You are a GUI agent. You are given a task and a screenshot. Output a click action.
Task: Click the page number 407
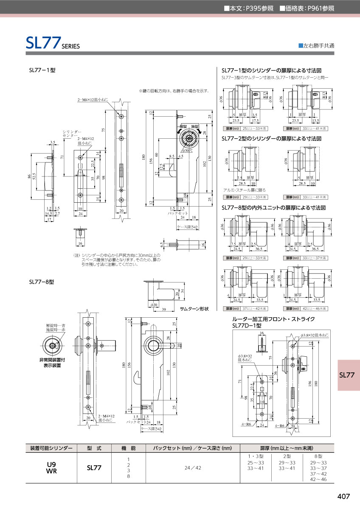343,496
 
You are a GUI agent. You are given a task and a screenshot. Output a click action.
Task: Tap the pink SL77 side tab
347,375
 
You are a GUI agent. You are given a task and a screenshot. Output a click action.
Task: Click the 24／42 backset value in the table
193,467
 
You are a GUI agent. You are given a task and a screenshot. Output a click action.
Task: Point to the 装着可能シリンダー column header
51,448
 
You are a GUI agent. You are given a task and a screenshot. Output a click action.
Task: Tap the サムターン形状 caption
194,309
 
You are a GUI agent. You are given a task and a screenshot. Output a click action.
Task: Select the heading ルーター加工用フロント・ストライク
273,319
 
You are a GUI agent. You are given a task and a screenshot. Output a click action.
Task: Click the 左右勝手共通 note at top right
316,45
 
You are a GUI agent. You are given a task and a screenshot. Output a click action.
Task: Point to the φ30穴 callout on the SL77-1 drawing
187,150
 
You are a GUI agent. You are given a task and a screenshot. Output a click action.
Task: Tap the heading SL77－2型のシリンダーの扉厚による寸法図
273,139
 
